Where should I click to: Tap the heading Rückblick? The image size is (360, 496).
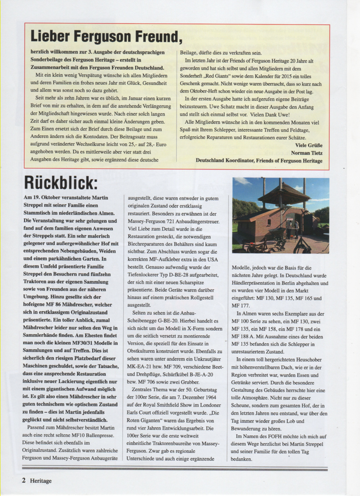[x=61, y=183]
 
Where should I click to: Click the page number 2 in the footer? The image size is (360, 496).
[x=24, y=481]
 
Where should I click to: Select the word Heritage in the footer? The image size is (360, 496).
[x=41, y=481]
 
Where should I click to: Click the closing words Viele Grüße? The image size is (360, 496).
[x=309, y=145]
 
